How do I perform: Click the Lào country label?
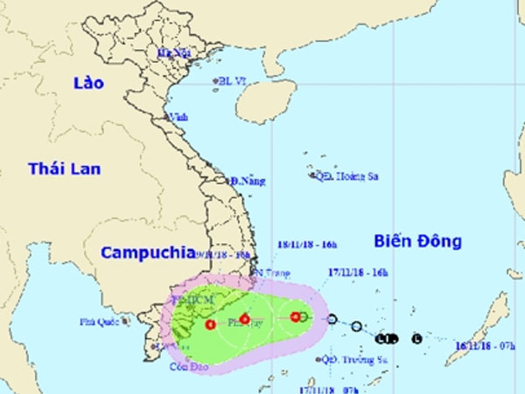(87, 83)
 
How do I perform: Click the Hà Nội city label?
(173, 53)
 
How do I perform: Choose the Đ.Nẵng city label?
(248, 181)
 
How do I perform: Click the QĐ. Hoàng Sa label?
(346, 175)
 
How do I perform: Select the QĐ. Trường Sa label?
(354, 359)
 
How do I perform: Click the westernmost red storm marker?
(210, 325)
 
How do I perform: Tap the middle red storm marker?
(245, 320)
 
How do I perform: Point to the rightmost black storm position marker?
(416, 339)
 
